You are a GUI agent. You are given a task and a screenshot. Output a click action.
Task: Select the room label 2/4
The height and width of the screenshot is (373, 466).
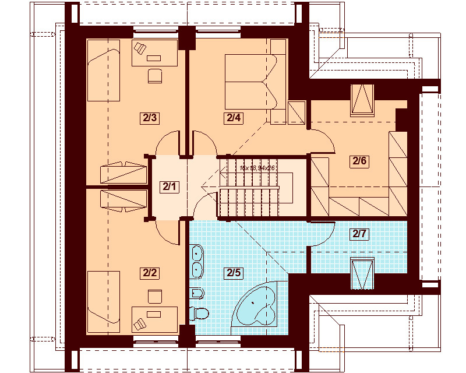pyautogui.click(x=233, y=118)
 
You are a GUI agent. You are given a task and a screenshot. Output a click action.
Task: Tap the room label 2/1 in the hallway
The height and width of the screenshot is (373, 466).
pyautogui.click(x=170, y=187)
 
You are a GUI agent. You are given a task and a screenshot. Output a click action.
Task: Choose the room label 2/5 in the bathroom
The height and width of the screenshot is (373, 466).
pyautogui.click(x=233, y=272)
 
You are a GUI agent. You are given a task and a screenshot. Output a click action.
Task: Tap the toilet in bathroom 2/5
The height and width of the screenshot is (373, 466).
pyautogui.click(x=200, y=313)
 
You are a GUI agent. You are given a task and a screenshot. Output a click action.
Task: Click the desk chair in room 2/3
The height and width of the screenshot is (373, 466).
pyautogui.click(x=155, y=75)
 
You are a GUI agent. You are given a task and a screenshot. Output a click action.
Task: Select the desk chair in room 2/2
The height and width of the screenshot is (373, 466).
pyautogui.click(x=155, y=297)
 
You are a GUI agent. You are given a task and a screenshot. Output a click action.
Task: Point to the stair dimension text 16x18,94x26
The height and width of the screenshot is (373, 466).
pyautogui.click(x=257, y=167)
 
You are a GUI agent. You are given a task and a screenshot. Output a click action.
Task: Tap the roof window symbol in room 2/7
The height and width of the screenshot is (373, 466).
pyautogui.click(x=361, y=272)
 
